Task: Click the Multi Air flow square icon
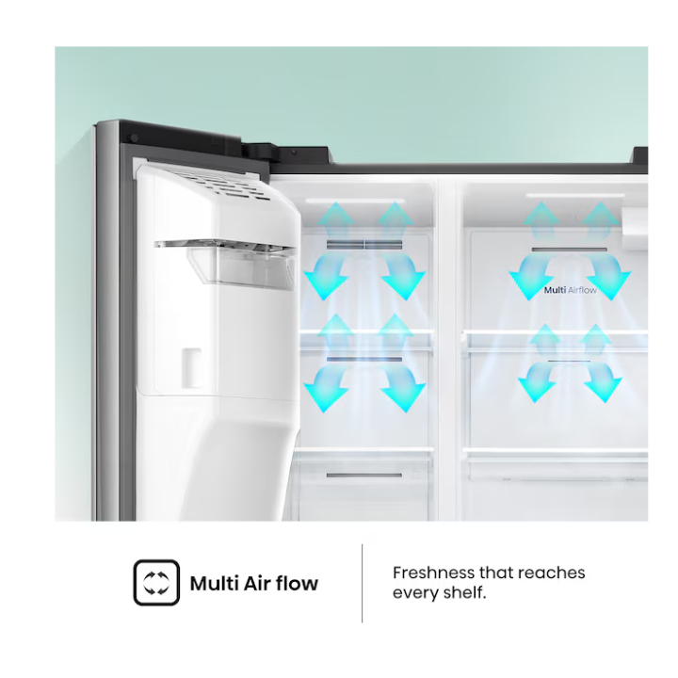pos(156,583)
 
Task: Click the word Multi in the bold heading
pos(214,583)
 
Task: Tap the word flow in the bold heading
pos(297,583)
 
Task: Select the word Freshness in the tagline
pos(433,573)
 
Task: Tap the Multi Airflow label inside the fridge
pos(570,290)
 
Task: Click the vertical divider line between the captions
pos(362,583)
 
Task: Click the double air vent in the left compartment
pos(364,245)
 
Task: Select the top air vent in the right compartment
pos(570,250)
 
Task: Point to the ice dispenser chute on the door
pos(241,264)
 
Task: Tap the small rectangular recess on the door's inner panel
pos(191,367)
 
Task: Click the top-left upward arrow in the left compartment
pos(334,220)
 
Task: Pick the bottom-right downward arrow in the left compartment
pos(402,388)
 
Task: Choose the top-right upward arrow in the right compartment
pos(600,220)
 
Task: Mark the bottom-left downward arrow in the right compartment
pos(538,382)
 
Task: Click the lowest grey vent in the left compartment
pos(364,476)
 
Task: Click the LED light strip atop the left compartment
pos(355,202)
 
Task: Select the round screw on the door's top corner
pos(134,137)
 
